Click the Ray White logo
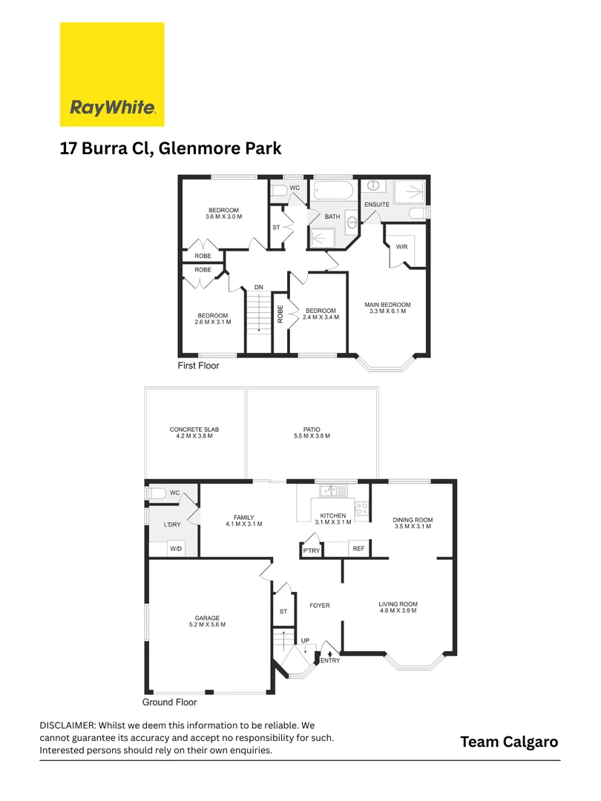pyautogui.click(x=112, y=74)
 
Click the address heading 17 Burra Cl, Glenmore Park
pyautogui.click(x=171, y=148)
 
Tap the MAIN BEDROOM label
pyautogui.click(x=387, y=305)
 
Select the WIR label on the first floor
pyautogui.click(x=402, y=247)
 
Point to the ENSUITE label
pyautogui.click(x=376, y=204)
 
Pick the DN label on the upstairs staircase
pyautogui.click(x=258, y=287)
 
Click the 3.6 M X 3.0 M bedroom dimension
pyautogui.click(x=224, y=217)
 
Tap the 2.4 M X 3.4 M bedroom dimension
pyautogui.click(x=321, y=317)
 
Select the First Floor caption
pyautogui.click(x=198, y=366)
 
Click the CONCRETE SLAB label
pyautogui.click(x=194, y=429)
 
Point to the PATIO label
pyautogui.click(x=312, y=429)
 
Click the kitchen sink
pyautogui.click(x=329, y=490)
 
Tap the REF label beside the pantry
pyautogui.click(x=358, y=550)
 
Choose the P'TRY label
pyautogui.click(x=310, y=550)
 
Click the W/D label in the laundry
pyautogui.click(x=176, y=550)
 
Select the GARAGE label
pyautogui.click(x=207, y=619)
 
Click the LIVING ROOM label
pyautogui.click(x=398, y=604)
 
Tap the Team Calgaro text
pyautogui.click(x=508, y=742)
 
